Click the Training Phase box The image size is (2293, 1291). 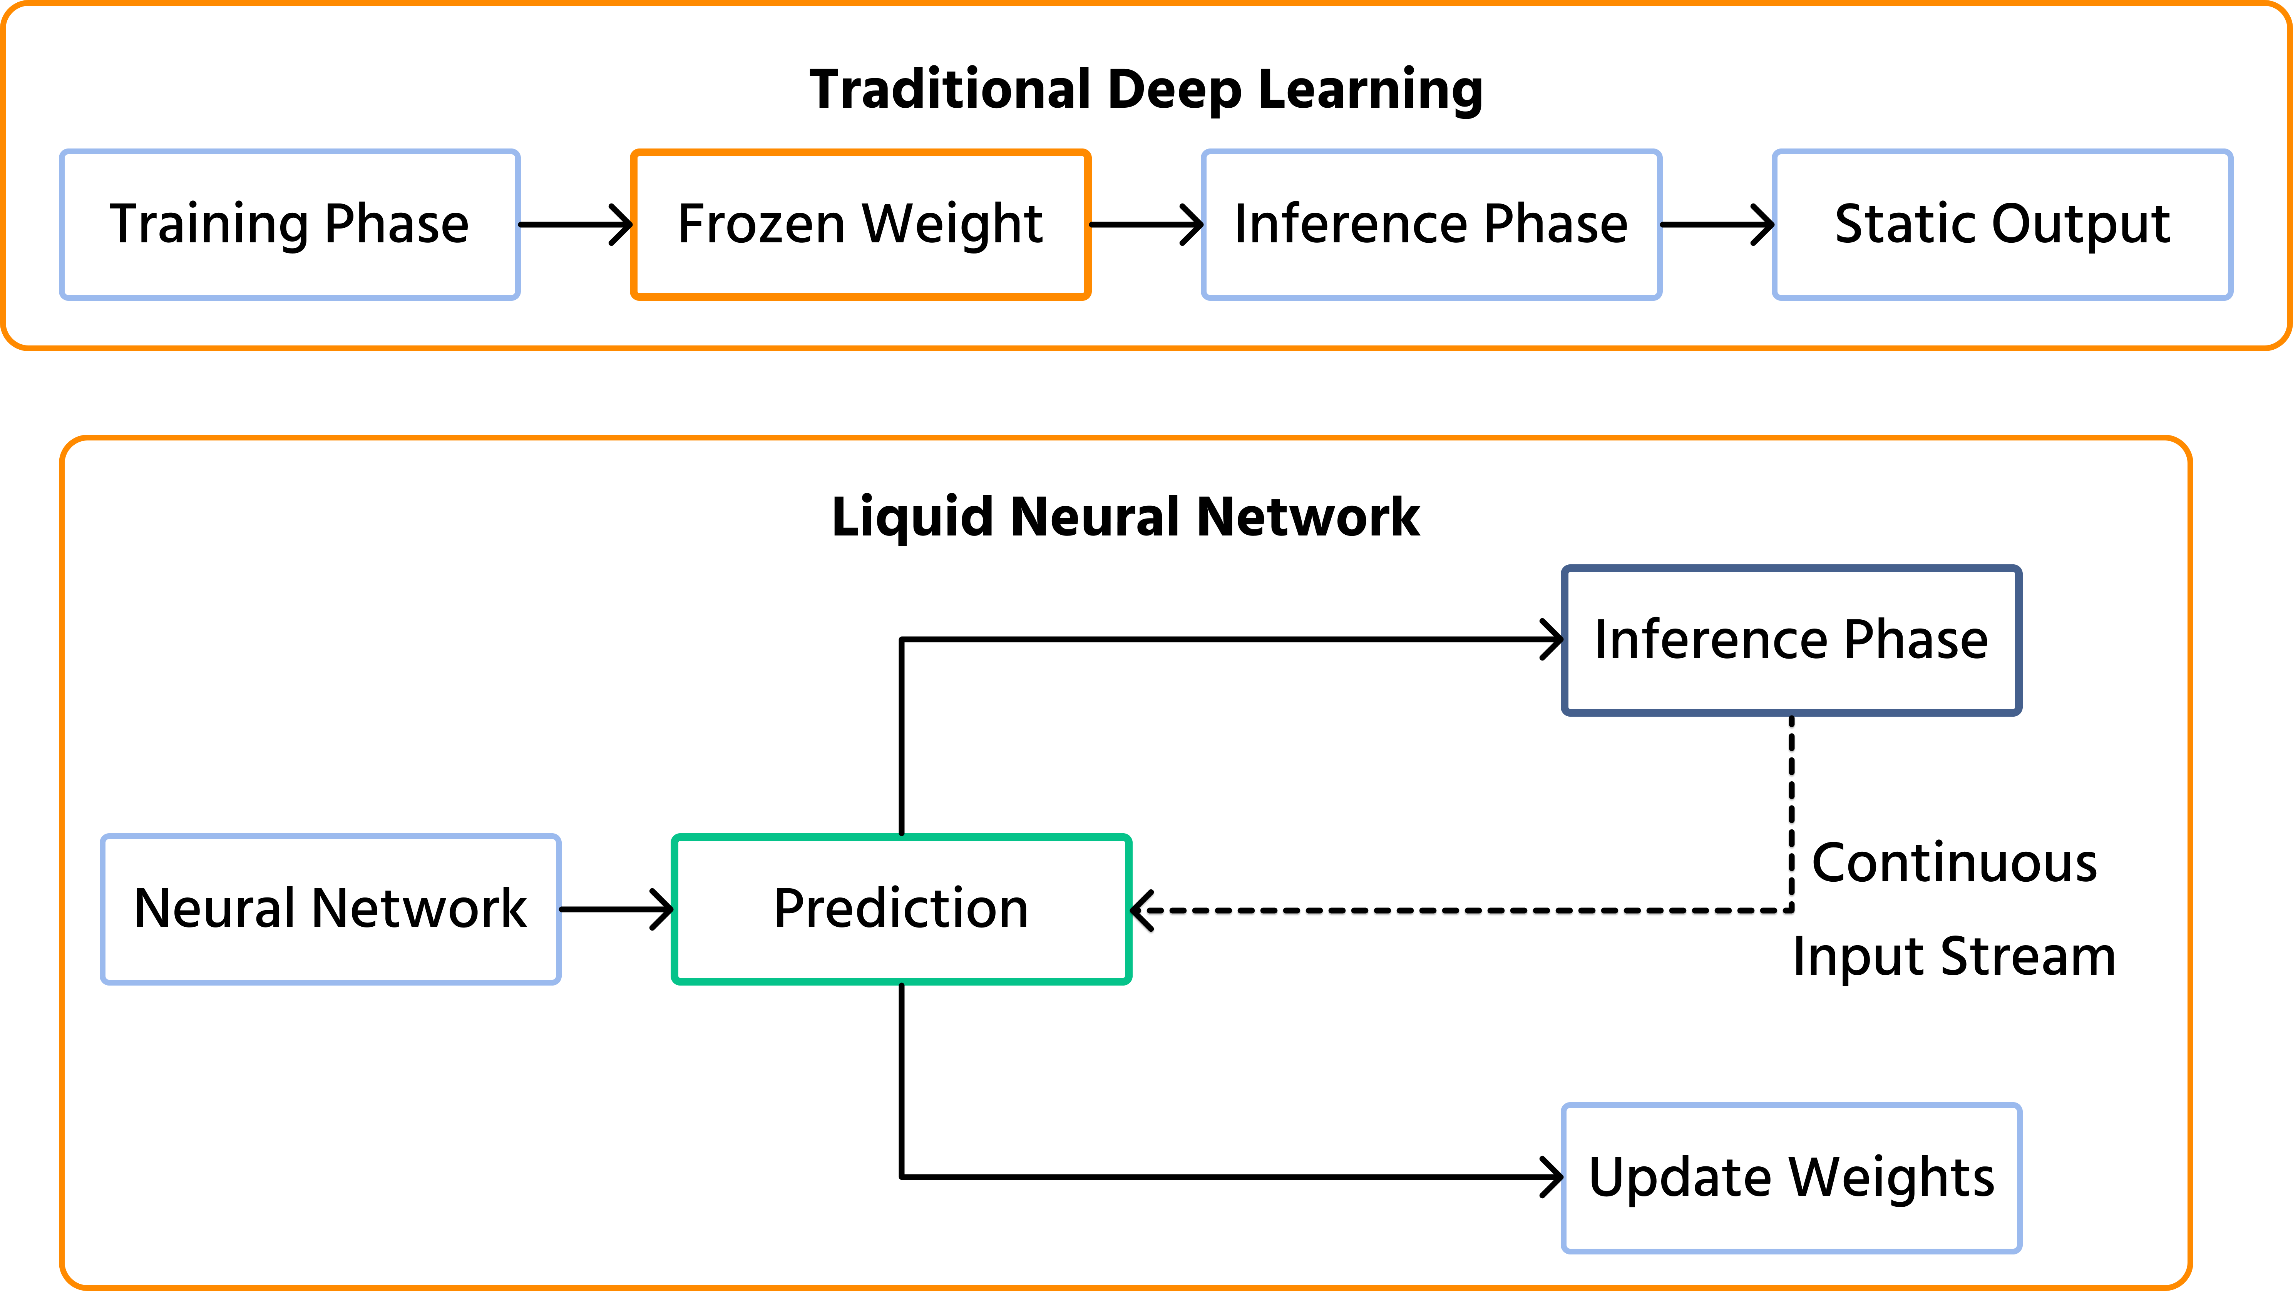(289, 224)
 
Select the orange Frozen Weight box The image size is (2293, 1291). (860, 224)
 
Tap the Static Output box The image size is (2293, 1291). (2002, 224)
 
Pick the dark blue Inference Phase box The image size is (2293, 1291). (1791, 640)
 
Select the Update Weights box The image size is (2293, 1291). (1791, 1178)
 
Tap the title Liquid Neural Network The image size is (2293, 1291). (1125, 517)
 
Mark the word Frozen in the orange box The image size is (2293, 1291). (761, 224)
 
